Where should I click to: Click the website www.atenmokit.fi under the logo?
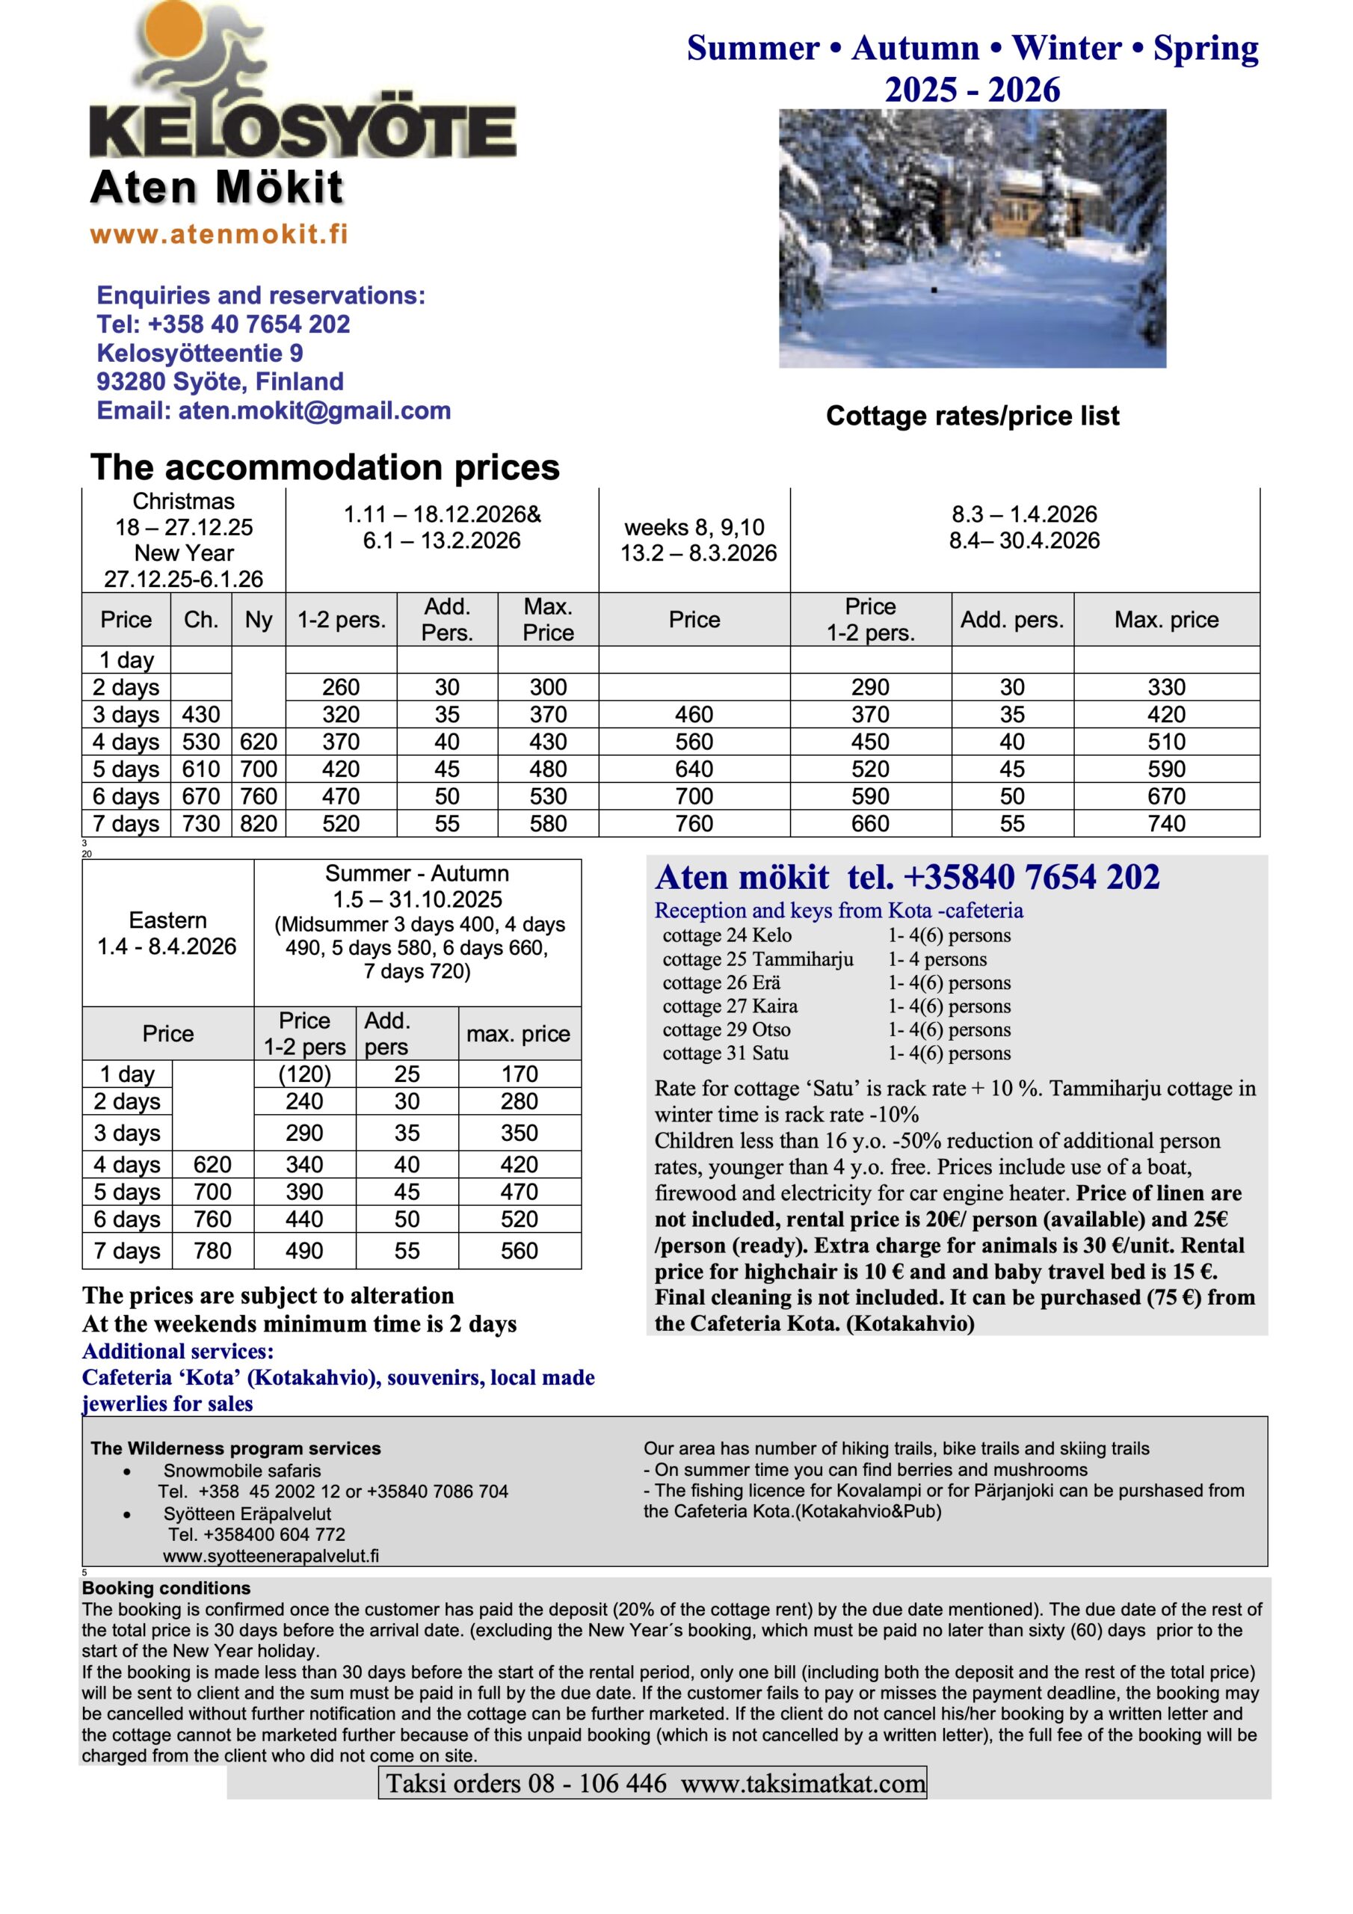(x=218, y=234)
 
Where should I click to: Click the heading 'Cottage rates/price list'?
(x=972, y=416)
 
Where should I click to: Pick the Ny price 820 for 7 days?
(x=259, y=824)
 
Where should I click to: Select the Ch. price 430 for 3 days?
(x=201, y=715)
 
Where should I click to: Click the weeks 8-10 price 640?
(x=694, y=769)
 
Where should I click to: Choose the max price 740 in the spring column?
(x=1166, y=824)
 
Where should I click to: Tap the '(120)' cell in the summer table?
(x=304, y=1074)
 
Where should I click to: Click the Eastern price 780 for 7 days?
(x=212, y=1250)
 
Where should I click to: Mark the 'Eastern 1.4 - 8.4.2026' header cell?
(x=167, y=933)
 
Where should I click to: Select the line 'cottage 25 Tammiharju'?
(x=758, y=959)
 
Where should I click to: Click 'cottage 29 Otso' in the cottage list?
(x=726, y=1030)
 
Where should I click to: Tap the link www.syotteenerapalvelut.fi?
(x=271, y=1556)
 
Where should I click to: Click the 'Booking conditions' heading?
(x=166, y=1588)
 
